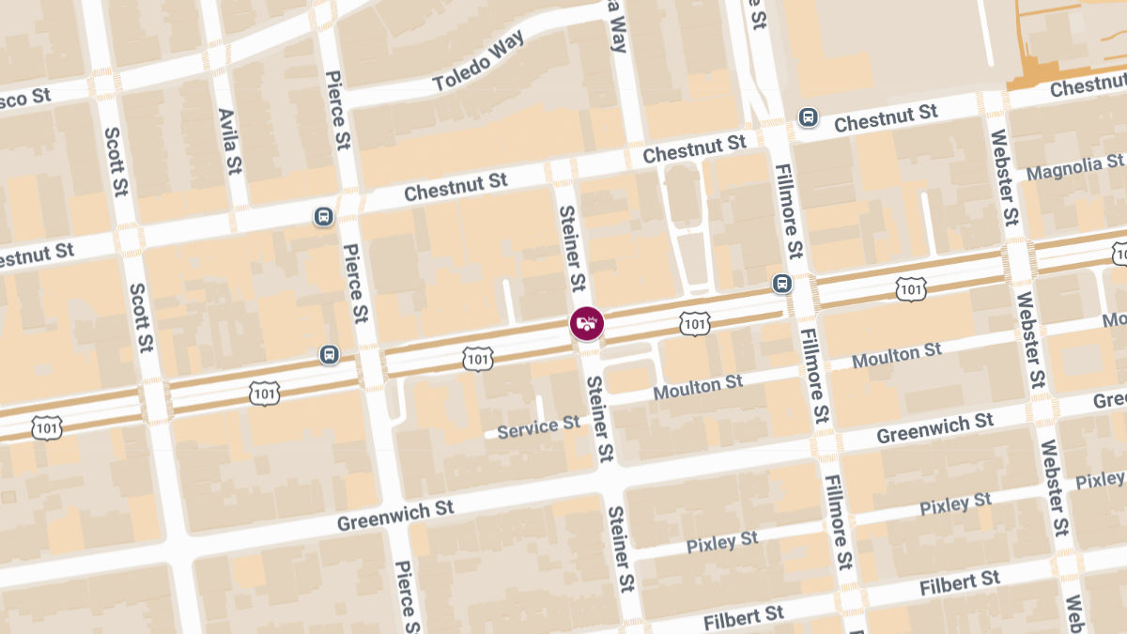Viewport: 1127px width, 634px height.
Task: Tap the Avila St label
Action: pos(228,141)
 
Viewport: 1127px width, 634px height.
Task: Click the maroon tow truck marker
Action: pos(587,324)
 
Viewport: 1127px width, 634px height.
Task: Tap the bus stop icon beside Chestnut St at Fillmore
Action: pos(807,117)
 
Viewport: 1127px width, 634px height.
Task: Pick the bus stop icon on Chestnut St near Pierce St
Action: pos(323,217)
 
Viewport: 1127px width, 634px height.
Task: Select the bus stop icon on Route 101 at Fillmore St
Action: pos(781,284)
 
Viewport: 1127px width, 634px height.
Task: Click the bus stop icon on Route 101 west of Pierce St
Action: pos(329,354)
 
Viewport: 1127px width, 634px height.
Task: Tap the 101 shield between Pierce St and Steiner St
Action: pos(478,358)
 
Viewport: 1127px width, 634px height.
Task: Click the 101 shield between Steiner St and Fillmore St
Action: pos(694,324)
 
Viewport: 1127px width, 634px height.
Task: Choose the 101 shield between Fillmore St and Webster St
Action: pos(910,289)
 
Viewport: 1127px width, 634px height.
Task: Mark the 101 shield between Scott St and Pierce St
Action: pos(265,393)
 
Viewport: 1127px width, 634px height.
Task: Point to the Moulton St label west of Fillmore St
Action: pos(698,386)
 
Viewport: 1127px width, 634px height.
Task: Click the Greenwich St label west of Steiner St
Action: pos(395,515)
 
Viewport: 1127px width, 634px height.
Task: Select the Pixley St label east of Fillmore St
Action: pos(955,503)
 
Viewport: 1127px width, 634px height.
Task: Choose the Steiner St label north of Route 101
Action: pos(573,249)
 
